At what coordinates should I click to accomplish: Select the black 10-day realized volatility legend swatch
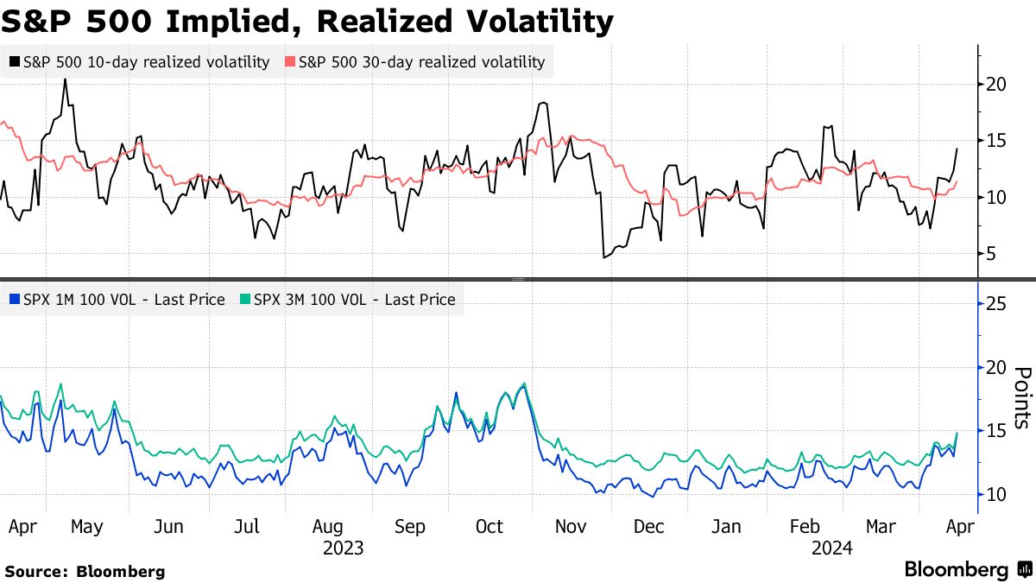pyautogui.click(x=15, y=62)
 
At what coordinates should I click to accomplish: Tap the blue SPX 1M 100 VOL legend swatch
pyautogui.click(x=15, y=300)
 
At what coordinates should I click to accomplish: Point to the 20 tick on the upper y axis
pyautogui.click(x=996, y=84)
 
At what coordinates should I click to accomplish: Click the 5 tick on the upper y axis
pyautogui.click(x=992, y=254)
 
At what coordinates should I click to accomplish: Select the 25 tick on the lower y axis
pyautogui.click(x=996, y=304)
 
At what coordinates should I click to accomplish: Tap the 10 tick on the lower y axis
pyautogui.click(x=996, y=494)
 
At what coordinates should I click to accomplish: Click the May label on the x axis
pyautogui.click(x=87, y=527)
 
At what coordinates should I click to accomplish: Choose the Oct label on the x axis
pyautogui.click(x=490, y=527)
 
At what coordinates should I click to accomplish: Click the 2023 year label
pyautogui.click(x=343, y=548)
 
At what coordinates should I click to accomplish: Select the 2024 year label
pyautogui.click(x=832, y=548)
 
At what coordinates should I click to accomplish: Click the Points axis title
pyautogui.click(x=1022, y=398)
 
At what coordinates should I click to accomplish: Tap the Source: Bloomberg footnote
pyautogui.click(x=85, y=571)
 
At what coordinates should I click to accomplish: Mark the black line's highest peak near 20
pyautogui.click(x=66, y=79)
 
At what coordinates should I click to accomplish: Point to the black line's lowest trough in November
pyautogui.click(x=603, y=257)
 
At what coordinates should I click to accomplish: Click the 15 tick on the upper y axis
pyautogui.click(x=996, y=141)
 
